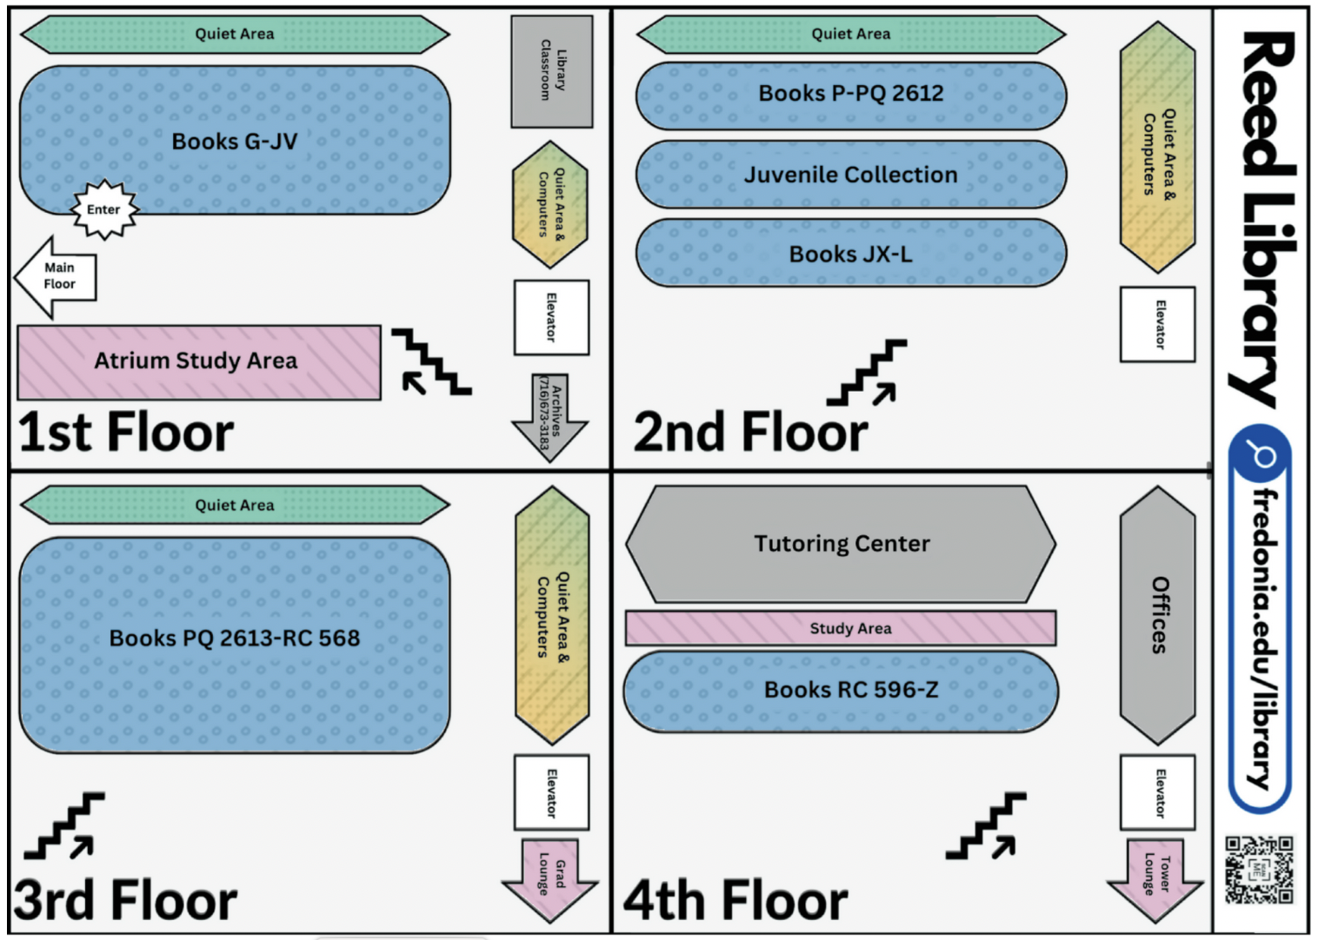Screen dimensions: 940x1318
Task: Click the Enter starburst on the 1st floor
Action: click(x=104, y=209)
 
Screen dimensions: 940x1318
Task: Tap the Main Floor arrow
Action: click(x=57, y=276)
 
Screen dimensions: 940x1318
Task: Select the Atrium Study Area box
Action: click(x=198, y=361)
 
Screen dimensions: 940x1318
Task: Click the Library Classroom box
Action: click(x=551, y=70)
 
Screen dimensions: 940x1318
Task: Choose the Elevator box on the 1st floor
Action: click(x=551, y=317)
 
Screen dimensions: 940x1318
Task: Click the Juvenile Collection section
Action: click(x=850, y=175)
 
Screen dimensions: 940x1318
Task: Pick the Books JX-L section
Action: click(x=850, y=254)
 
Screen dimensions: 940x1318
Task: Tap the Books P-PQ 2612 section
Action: click(x=850, y=94)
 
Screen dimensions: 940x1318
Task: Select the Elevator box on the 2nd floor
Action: click(x=1158, y=324)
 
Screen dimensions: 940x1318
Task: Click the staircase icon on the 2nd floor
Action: click(x=866, y=373)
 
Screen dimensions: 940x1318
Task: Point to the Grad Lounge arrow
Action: click(x=550, y=877)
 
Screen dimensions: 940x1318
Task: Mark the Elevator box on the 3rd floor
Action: click(x=551, y=792)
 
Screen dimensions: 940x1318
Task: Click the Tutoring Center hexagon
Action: click(x=841, y=545)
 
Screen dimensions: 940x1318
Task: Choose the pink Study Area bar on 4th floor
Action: click(x=841, y=628)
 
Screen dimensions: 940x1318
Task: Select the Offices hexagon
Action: click(x=1157, y=615)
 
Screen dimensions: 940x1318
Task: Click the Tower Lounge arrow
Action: click(x=1155, y=877)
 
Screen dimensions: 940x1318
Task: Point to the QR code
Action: click(x=1259, y=870)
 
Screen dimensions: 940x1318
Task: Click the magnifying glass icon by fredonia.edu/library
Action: click(x=1260, y=454)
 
